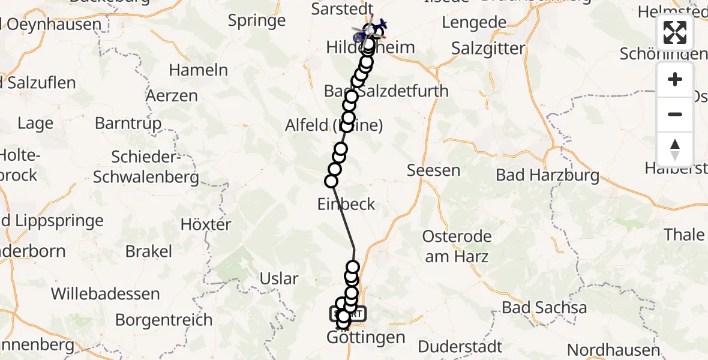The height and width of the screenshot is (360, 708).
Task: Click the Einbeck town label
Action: [346, 204]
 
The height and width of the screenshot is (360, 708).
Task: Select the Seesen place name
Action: [433, 170]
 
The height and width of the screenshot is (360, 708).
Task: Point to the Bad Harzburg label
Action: [547, 175]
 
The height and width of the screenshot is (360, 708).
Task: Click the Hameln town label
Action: [198, 70]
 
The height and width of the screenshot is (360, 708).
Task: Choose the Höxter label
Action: [206, 225]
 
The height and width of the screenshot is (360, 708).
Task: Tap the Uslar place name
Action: [279, 278]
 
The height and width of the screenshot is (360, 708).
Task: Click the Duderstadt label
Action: [460, 346]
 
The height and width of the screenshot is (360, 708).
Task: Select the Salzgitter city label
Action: [488, 49]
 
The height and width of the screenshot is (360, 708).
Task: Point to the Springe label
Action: [257, 21]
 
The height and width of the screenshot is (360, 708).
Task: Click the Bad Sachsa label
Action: [544, 308]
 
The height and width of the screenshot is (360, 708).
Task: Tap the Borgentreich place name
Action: [164, 320]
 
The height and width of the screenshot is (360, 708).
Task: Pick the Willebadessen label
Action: [106, 294]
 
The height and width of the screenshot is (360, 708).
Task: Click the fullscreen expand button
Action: [675, 32]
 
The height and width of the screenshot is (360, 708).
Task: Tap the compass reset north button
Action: [675, 149]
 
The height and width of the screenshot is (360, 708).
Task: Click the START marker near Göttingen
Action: [347, 313]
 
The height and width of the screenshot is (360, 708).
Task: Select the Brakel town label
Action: [148, 251]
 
